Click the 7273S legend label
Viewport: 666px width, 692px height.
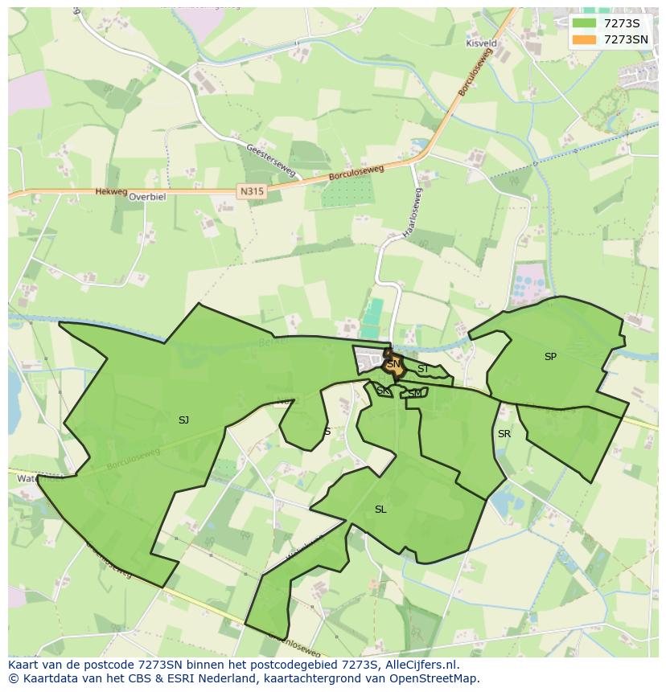(x=622, y=23)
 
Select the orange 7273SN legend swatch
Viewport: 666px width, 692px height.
(x=584, y=39)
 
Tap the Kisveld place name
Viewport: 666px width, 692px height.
(x=481, y=43)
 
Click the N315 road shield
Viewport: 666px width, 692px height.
(x=250, y=191)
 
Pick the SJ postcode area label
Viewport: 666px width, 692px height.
(x=183, y=420)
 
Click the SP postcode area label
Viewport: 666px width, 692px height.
(x=550, y=357)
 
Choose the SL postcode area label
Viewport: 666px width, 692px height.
(x=380, y=510)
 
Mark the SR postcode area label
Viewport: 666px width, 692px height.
(x=504, y=434)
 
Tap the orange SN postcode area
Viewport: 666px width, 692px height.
(x=393, y=364)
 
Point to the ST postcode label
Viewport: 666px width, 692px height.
(x=422, y=369)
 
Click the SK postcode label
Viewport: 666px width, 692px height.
(x=383, y=391)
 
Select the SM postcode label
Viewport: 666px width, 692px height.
(x=415, y=393)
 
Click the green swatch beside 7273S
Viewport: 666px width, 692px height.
(x=584, y=23)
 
